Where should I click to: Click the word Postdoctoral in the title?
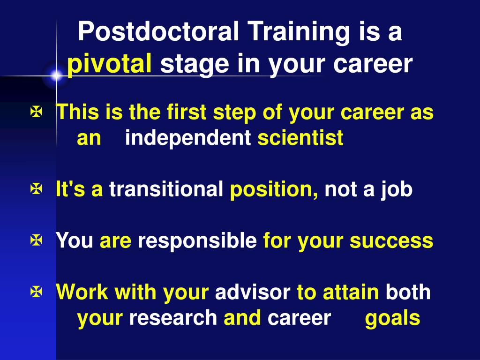click(158, 31)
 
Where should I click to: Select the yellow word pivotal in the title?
click(109, 64)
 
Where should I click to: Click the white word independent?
click(188, 138)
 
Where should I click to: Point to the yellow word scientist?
click(300, 138)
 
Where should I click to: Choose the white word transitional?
click(166, 189)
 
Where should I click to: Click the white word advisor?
click(253, 292)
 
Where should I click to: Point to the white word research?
click(173, 318)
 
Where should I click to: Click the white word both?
click(408, 292)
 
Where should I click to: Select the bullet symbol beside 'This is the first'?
click(36, 112)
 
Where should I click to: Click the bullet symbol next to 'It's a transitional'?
click(36, 189)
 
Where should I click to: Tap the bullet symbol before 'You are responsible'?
click(36, 240)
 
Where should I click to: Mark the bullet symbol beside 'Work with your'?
click(36, 292)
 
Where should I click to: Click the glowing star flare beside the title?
click(57, 75)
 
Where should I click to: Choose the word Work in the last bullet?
click(82, 292)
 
